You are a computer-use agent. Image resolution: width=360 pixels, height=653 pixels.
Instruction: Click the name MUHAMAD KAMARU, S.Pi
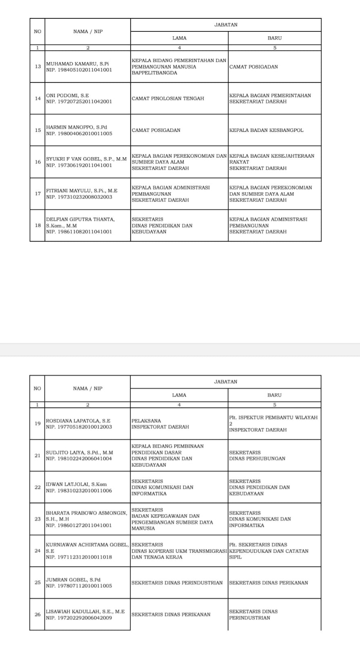[x=77, y=64]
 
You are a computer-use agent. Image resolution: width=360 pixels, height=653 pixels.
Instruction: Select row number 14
[x=38, y=98]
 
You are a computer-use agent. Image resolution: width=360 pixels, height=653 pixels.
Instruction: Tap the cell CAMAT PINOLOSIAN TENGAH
[x=168, y=98]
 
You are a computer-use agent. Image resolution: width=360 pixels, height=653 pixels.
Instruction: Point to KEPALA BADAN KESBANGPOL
[x=266, y=130]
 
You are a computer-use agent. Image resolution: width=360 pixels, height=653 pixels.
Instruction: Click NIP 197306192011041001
[x=79, y=165]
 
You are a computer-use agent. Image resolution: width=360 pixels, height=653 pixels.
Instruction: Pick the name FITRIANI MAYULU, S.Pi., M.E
[x=82, y=191]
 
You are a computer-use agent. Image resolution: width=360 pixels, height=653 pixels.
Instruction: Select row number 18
[x=38, y=225]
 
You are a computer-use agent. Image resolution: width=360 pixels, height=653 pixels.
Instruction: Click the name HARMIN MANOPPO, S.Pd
[x=76, y=127]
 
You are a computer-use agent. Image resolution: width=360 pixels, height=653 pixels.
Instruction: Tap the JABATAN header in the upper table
[x=226, y=25]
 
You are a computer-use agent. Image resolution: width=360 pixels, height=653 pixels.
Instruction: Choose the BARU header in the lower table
[x=274, y=395]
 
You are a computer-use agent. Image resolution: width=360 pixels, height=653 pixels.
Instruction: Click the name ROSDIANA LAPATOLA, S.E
[x=78, y=421]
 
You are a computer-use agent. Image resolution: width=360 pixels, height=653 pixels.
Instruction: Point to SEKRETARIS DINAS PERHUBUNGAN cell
[x=257, y=455]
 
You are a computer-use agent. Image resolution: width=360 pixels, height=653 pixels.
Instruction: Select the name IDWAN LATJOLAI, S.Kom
[x=76, y=484]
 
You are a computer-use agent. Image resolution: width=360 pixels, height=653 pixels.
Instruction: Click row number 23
[x=38, y=519]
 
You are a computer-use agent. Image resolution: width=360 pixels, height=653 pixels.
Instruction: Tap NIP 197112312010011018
[x=79, y=557]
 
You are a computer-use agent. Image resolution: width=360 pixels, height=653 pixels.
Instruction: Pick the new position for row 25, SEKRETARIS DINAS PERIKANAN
[x=269, y=583]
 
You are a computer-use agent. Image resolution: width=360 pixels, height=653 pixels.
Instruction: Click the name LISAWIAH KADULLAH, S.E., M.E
[x=85, y=612]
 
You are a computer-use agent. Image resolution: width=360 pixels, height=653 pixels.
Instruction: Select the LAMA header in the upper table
[x=179, y=38]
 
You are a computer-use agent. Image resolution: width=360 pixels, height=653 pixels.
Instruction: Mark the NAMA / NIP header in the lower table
[x=88, y=389]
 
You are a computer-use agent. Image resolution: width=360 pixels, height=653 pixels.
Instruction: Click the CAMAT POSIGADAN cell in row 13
[x=253, y=67]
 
